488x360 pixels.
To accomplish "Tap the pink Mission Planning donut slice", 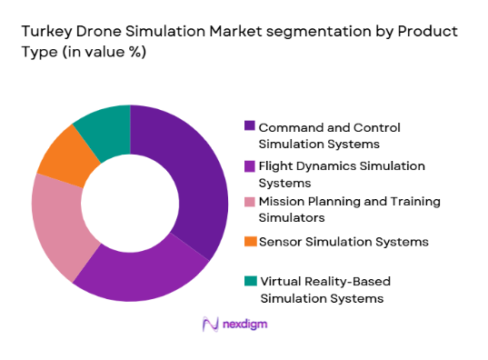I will (x=58, y=223).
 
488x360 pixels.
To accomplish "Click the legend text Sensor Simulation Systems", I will (x=344, y=241).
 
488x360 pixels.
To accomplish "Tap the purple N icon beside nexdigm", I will (x=210, y=324).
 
